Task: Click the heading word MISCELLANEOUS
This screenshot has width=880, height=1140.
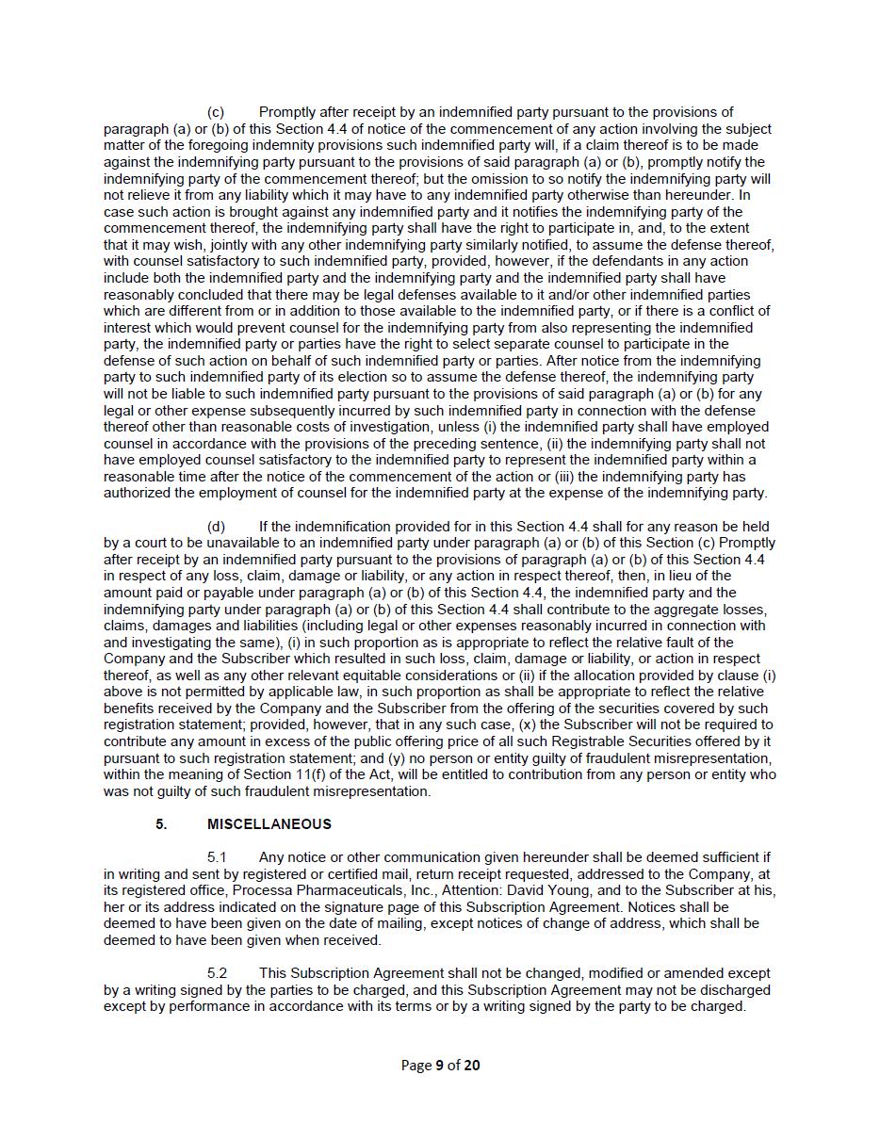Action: pyautogui.click(x=269, y=824)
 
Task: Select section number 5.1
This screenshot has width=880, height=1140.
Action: pyautogui.click(x=218, y=857)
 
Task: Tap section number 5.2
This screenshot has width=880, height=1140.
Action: pyautogui.click(x=218, y=973)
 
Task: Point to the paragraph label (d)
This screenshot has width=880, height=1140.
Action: pyautogui.click(x=216, y=527)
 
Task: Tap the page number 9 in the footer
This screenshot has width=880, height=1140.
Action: pyautogui.click(x=439, y=1066)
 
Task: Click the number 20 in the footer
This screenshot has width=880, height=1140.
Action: pyautogui.click(x=472, y=1066)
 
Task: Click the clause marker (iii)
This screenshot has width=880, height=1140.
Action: pyautogui.click(x=588, y=477)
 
